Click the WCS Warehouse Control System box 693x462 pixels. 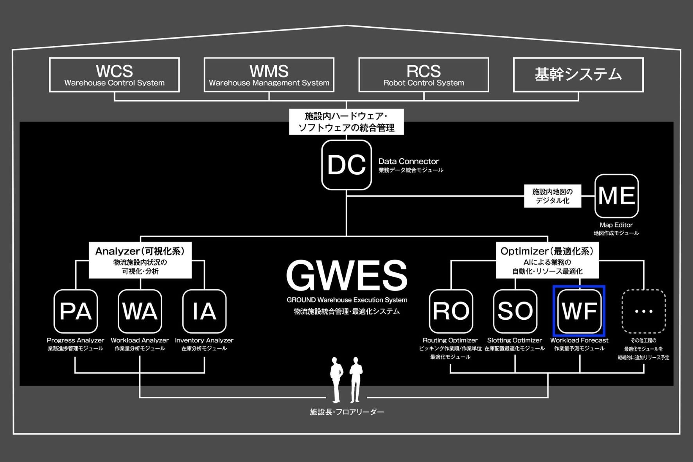click(x=114, y=75)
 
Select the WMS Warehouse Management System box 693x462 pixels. click(x=269, y=75)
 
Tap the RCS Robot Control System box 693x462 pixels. click(x=424, y=75)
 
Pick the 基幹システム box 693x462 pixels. click(x=578, y=75)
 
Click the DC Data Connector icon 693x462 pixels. click(x=346, y=165)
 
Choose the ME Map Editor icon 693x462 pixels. click(x=616, y=196)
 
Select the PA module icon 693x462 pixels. click(x=75, y=311)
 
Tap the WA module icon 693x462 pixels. click(x=140, y=311)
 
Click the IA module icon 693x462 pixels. click(x=204, y=311)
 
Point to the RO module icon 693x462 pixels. click(x=451, y=311)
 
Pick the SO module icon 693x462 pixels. click(x=515, y=311)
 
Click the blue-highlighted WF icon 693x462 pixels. click(x=579, y=311)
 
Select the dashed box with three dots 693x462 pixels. click(x=643, y=311)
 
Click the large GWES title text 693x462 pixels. click(x=346, y=275)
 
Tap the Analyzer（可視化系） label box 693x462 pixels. click(x=140, y=260)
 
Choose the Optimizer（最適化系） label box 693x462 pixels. click(x=547, y=260)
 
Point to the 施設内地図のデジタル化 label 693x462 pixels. click(x=552, y=196)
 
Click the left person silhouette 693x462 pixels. click(x=336, y=379)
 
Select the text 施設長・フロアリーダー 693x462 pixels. click(x=346, y=412)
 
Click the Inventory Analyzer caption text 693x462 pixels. click(x=204, y=340)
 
